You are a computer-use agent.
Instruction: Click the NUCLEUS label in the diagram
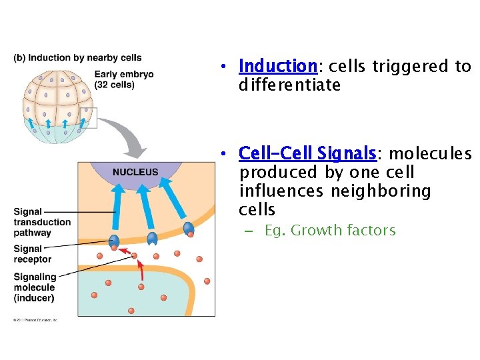[135, 172]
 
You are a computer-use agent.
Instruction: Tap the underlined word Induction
[277, 66]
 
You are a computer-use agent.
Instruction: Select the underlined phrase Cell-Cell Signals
[307, 154]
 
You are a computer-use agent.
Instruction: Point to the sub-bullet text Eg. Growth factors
[329, 231]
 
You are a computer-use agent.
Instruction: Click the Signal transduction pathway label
[41, 222]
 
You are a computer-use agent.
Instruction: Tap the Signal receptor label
[32, 254]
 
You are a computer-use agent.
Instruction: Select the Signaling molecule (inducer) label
[35, 287]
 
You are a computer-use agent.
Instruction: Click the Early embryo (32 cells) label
[123, 79]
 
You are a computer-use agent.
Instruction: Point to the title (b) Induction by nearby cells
[77, 58]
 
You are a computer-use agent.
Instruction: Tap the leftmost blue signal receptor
[115, 240]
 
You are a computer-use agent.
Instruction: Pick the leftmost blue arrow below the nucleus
[118, 203]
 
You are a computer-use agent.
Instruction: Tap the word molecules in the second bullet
[430, 154]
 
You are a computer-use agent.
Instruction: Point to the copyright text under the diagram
[35, 320]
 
